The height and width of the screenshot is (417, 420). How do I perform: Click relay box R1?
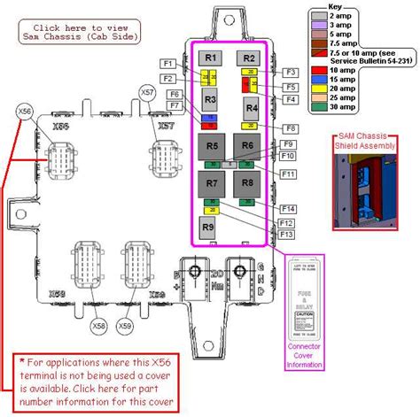[210, 58]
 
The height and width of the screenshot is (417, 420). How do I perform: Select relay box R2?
[250, 58]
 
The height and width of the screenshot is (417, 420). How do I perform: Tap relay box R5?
[211, 147]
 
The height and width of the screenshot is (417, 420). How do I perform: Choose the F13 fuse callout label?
[286, 235]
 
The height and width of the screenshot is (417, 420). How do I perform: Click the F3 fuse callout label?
[290, 71]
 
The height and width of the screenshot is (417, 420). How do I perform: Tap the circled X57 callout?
[147, 91]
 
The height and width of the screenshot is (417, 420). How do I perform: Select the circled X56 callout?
[25, 112]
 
